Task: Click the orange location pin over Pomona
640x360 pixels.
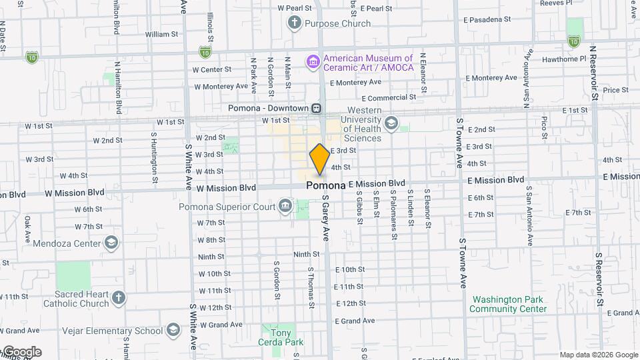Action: click(x=319, y=159)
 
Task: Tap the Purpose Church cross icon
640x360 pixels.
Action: click(x=293, y=23)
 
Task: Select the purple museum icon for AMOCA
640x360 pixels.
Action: click(x=313, y=62)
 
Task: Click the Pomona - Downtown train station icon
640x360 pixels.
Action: click(x=317, y=108)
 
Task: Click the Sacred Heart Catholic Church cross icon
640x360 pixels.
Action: click(x=119, y=297)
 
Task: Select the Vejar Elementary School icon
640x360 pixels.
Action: click(x=173, y=330)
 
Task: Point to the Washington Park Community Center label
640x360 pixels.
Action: click(x=508, y=304)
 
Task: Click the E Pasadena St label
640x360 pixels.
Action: click(x=493, y=19)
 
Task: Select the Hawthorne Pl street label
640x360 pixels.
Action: click(x=564, y=59)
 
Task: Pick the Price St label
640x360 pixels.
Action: click(x=615, y=90)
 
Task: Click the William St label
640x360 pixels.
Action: click(x=162, y=33)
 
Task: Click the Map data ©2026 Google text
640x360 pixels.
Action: click(x=599, y=355)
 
